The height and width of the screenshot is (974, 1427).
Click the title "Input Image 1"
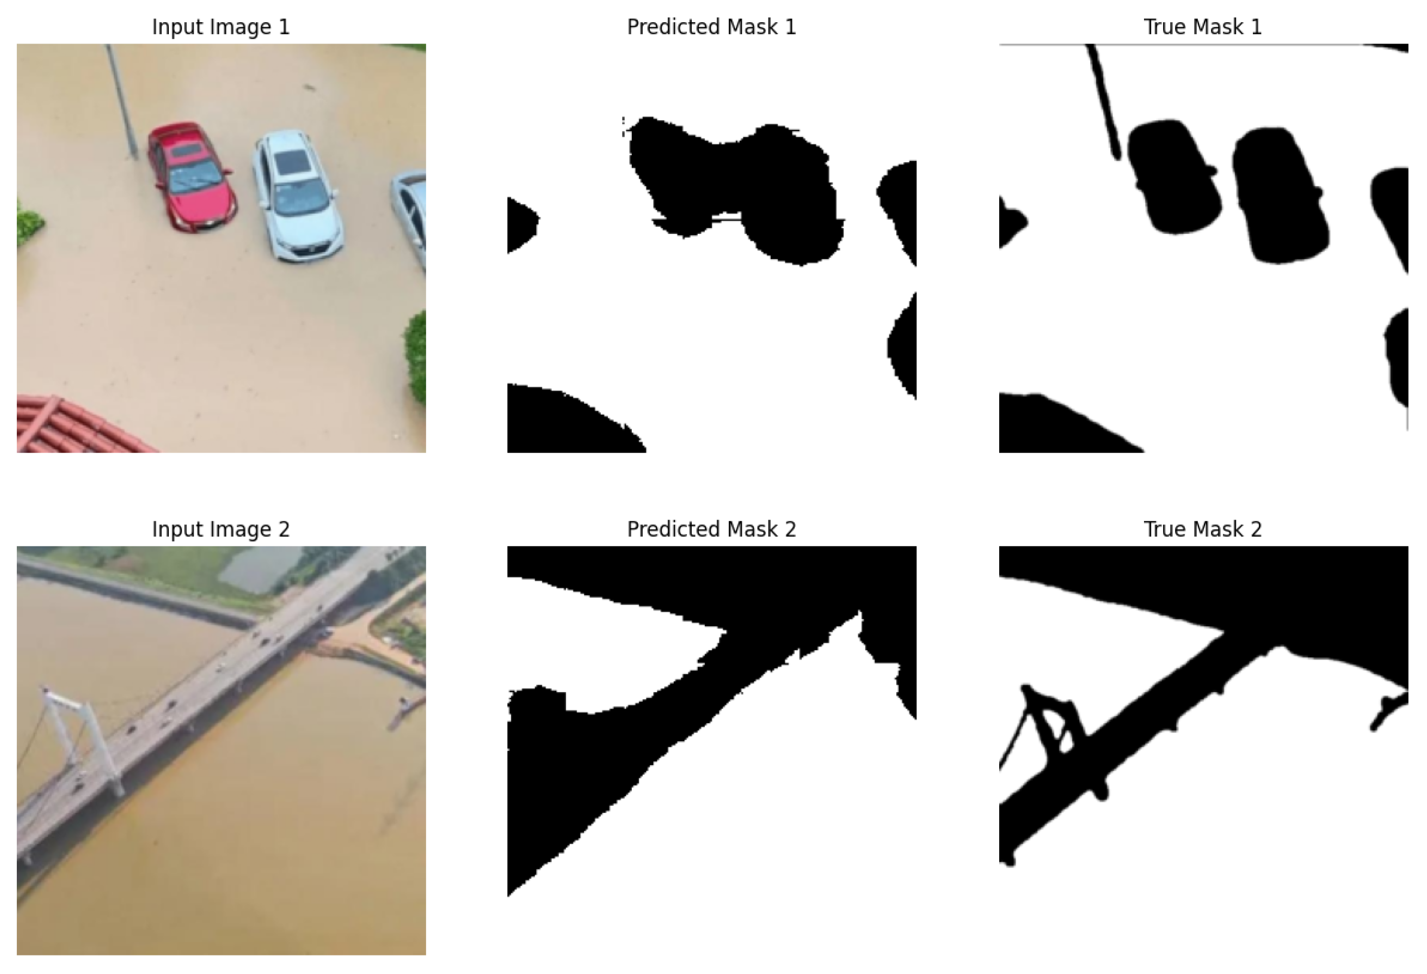pyautogui.click(x=220, y=27)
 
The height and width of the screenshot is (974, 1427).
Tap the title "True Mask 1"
pyautogui.click(x=1202, y=27)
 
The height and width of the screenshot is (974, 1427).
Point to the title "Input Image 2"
pyautogui.click(x=220, y=529)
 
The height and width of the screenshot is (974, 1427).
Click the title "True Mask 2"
pyautogui.click(x=1202, y=529)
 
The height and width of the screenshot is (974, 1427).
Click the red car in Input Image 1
pyautogui.click(x=192, y=176)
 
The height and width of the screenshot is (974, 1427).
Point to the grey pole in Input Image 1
pyautogui.click(x=122, y=101)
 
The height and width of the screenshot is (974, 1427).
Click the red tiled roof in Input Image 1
pyautogui.click(x=80, y=425)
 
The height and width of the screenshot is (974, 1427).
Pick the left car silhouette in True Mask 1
pyautogui.click(x=1174, y=177)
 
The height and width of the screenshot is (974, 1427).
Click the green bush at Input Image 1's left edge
pyautogui.click(x=29, y=222)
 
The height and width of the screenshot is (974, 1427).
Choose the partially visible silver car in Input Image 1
pyautogui.click(x=410, y=218)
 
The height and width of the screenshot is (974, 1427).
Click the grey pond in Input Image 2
pyautogui.click(x=261, y=568)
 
